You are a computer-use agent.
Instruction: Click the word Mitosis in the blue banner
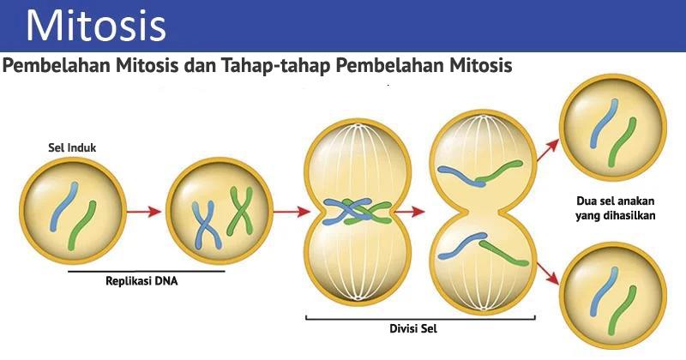tap(95, 26)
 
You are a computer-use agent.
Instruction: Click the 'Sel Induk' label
tap(71, 147)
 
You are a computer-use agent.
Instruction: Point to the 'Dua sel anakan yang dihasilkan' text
tap(615, 209)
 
